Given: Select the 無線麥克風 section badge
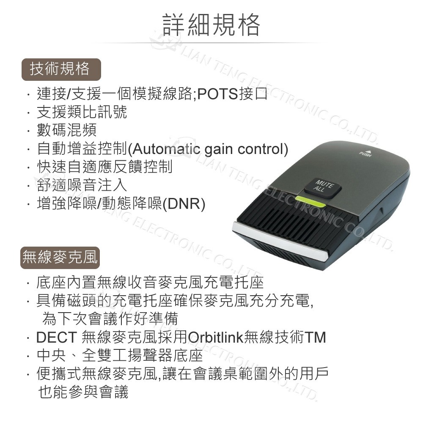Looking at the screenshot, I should click(x=60, y=257).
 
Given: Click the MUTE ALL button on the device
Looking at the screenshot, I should click(x=323, y=187).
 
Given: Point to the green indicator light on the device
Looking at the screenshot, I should click(x=310, y=202).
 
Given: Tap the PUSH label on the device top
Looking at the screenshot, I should click(x=365, y=154).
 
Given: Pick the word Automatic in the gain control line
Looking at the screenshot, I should click(x=164, y=149).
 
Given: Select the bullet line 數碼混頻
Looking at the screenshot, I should click(x=67, y=130).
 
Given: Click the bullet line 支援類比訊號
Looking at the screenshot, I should click(x=82, y=112).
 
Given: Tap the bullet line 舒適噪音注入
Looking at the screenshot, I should click(x=82, y=185).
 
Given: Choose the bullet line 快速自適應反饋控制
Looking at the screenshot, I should click(x=104, y=167).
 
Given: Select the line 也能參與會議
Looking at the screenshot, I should click(x=83, y=392).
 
